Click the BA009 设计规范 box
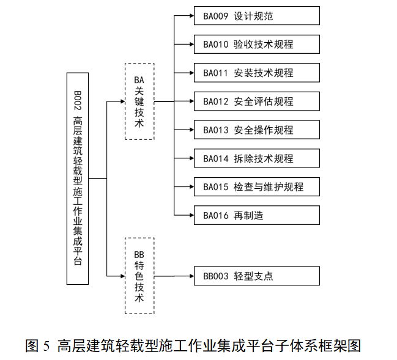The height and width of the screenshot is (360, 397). click(x=256, y=16)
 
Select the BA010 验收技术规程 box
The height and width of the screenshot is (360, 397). click(x=256, y=45)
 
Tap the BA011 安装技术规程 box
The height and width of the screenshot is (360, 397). click(x=256, y=73)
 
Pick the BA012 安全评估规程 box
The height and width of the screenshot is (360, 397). click(x=256, y=101)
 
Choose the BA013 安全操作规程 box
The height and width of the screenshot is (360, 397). click(x=256, y=130)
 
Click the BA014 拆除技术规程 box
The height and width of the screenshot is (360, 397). click(x=256, y=158)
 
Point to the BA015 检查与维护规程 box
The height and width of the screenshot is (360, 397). click(x=256, y=186)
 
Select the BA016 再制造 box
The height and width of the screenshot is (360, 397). click(x=256, y=215)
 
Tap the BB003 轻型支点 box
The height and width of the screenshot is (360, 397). click(x=256, y=276)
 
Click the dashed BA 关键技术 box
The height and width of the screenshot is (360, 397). click(x=139, y=101)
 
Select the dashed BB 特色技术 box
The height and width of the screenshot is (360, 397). click(x=139, y=276)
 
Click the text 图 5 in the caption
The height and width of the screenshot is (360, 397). click(x=38, y=346)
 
